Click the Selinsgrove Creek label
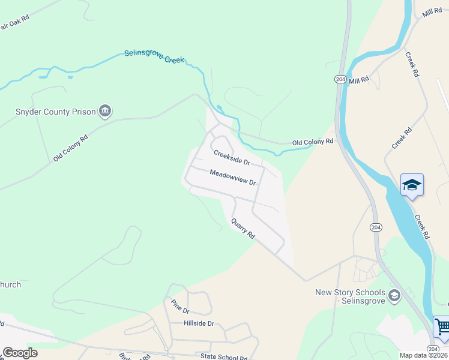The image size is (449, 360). tap(154, 56)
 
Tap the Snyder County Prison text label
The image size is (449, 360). tap(56, 112)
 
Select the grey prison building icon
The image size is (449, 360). tap(106, 110)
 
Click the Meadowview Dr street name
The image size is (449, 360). tap(233, 177)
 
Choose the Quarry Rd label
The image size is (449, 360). tap(243, 229)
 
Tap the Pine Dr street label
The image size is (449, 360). tap(179, 307)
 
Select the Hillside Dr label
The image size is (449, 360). tap(191, 323)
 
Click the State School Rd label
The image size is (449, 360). tap(224, 356)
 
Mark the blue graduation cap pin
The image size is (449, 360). tap(412, 185)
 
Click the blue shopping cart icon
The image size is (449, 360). tap(442, 328)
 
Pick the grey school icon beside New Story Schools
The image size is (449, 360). tap(394, 295)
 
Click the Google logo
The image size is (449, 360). tap(20, 353)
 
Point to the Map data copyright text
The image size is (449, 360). tap(424, 355)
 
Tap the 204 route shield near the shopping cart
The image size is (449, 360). tap(433, 349)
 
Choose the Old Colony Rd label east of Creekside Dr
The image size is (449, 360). tap(312, 142)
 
